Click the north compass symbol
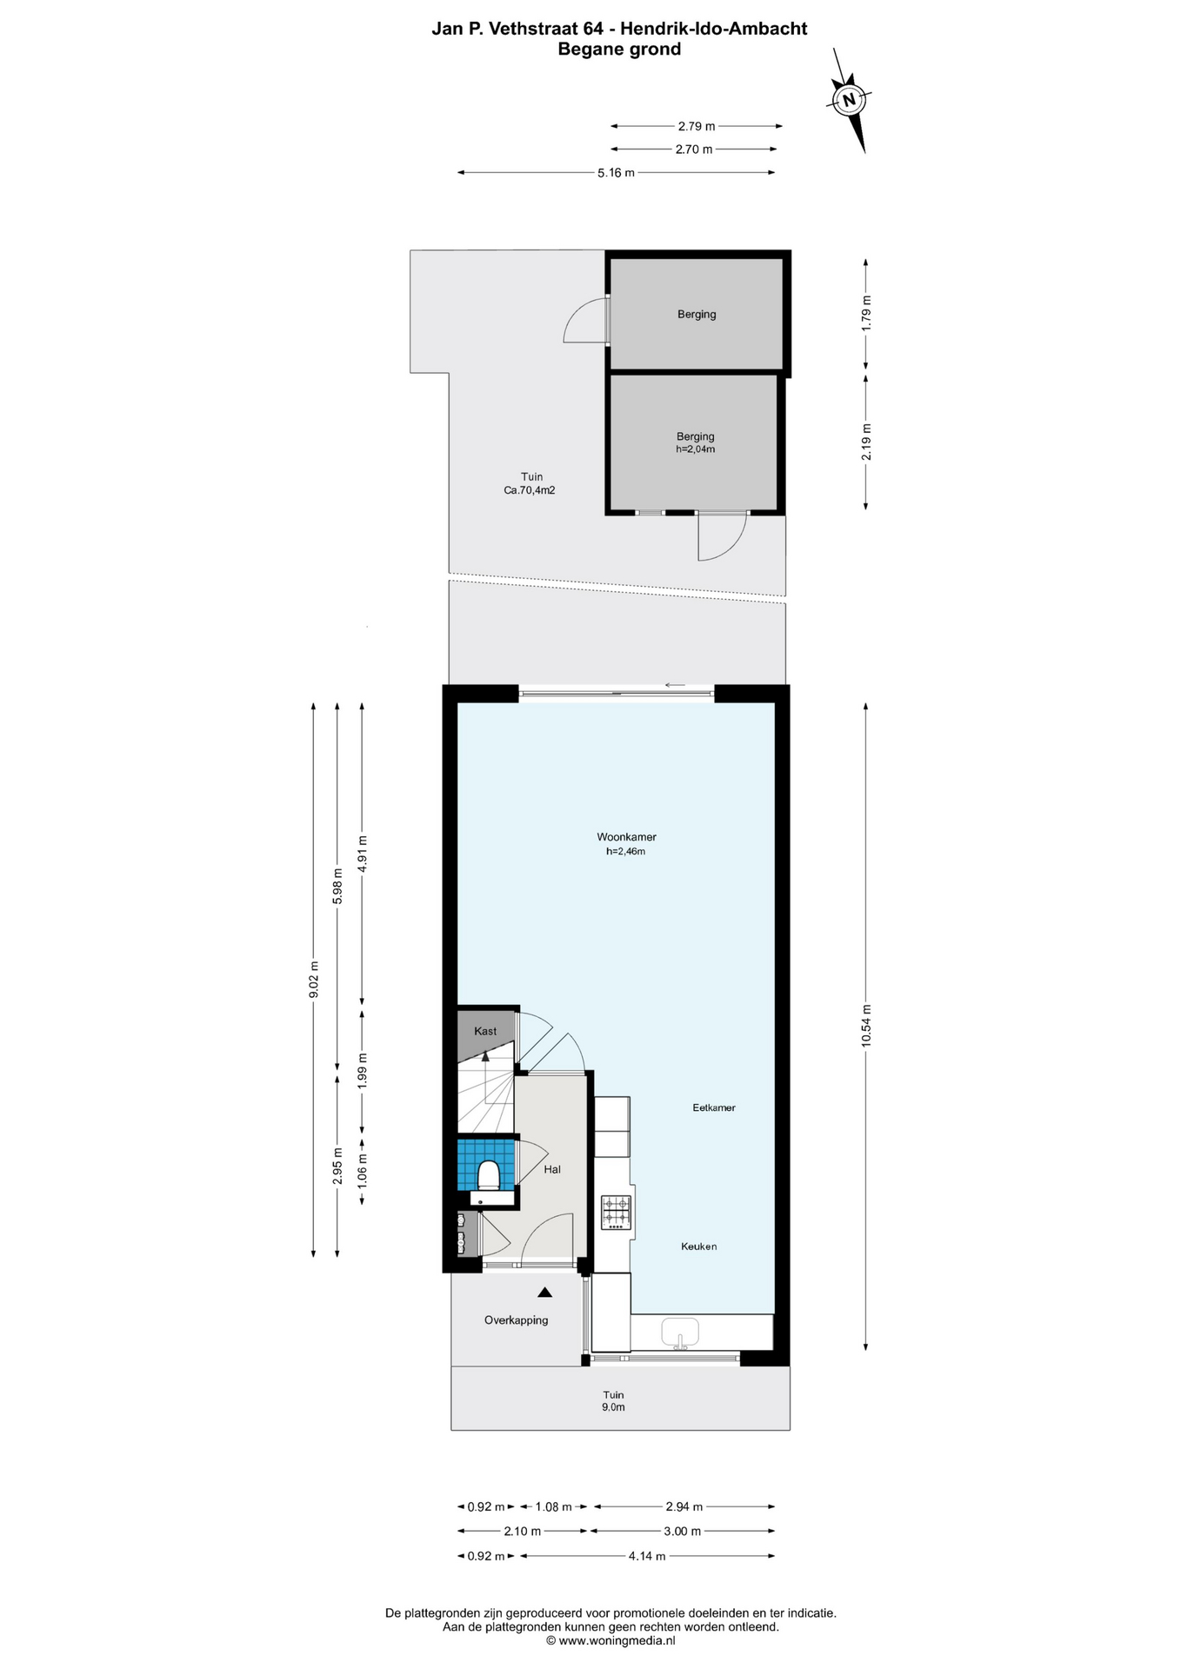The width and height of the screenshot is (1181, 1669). coord(849,99)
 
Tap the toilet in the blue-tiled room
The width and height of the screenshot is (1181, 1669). coord(489,1175)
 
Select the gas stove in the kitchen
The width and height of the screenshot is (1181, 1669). coord(617,1212)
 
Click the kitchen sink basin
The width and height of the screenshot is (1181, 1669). coord(679,1331)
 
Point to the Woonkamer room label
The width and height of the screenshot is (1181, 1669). coord(626,837)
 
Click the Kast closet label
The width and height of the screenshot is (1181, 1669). coord(485,1031)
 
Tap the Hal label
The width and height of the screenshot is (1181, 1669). coord(552,1169)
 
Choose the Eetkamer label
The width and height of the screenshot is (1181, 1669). coord(714,1107)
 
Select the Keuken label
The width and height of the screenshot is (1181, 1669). coord(698,1247)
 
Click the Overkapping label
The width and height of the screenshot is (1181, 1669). coord(516,1320)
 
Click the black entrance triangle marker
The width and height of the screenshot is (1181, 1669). coord(544,1293)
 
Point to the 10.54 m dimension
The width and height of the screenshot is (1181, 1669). coord(866,1026)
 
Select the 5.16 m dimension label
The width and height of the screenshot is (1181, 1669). coord(616,173)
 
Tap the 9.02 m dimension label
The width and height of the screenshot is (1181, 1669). coord(314,980)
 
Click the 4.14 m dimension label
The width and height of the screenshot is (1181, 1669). coord(647,1556)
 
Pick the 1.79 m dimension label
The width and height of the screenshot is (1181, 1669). coord(866,313)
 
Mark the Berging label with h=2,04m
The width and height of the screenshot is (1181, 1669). coord(696,442)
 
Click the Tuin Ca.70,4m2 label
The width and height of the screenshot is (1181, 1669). coord(530,483)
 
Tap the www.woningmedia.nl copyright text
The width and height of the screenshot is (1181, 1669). coord(611,1640)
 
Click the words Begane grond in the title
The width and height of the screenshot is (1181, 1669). coord(619,50)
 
